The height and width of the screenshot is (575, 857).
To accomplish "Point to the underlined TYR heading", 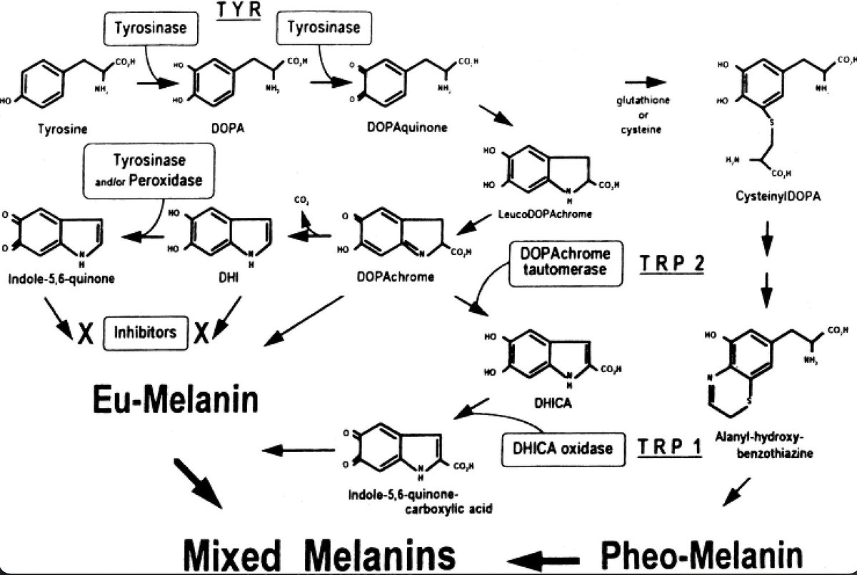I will tap(241, 12).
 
